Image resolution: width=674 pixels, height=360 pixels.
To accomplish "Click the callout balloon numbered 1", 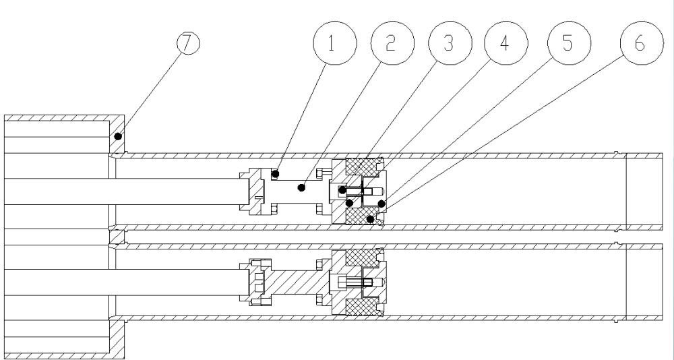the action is pos(335,42).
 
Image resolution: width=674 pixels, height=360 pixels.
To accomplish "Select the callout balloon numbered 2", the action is pos(392,42).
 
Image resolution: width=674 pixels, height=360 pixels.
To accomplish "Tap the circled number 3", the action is pos(450,42).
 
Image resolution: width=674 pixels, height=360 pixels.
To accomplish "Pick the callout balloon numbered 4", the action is pos(506,42).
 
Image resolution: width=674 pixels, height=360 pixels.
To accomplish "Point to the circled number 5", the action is pos(569,42).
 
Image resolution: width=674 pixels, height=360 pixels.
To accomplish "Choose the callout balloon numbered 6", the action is pos(642,42).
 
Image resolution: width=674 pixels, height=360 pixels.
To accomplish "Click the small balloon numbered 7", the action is pos(188,43).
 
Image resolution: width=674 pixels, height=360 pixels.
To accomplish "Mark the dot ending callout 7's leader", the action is pos(118,136).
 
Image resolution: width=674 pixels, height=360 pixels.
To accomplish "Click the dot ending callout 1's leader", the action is pos(276,174).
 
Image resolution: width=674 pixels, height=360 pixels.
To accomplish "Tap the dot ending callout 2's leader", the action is pos(302,187).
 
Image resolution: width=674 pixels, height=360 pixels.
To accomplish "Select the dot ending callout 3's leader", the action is pos(342,189).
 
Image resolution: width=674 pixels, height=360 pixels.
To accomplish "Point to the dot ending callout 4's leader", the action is pos(349,202).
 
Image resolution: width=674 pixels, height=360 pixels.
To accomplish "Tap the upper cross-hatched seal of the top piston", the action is pos(361,167).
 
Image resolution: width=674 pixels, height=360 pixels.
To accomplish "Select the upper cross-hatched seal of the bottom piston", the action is pos(361,258).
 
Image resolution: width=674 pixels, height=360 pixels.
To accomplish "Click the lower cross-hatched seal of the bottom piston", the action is pos(361,306).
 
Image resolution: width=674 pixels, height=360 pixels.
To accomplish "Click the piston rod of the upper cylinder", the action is pos(124,191).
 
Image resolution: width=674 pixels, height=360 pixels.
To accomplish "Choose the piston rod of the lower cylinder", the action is pos(124,282).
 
